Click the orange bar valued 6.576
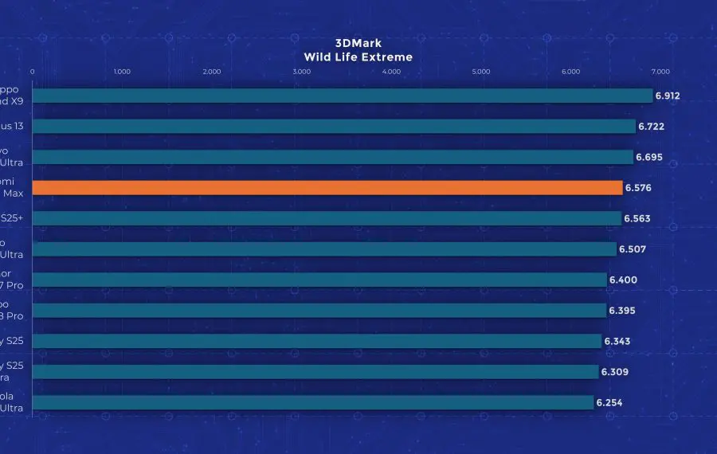click(327, 188)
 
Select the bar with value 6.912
click(343, 96)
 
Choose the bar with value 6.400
click(319, 280)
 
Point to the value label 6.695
click(649, 157)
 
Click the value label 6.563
click(637, 218)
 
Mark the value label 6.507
click(633, 249)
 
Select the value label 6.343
click(617, 342)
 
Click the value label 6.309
click(615, 372)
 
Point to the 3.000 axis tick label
click(301, 72)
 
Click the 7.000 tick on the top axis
click(660, 72)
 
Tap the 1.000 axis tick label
click(122, 72)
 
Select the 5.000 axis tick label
click(481, 72)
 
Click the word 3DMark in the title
click(358, 44)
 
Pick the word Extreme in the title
click(386, 57)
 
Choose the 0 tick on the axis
click(33, 72)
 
